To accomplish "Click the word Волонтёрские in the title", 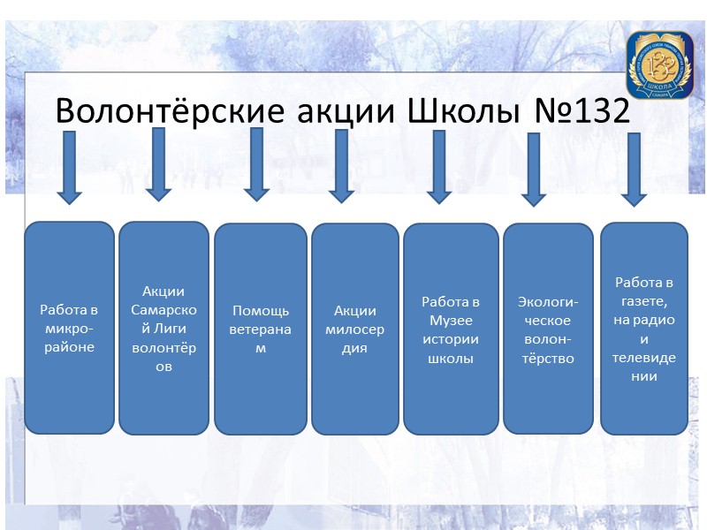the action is pos(167,112).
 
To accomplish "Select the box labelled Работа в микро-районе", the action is pos(69,328).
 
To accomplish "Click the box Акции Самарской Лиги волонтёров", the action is pos(163,328).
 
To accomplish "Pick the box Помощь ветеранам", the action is pos(260,329).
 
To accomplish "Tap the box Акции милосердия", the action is pos(355,329).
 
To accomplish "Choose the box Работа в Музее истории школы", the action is pos(451,329).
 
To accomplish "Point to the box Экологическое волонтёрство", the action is pos(548,328).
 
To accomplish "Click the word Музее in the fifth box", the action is pos(451,320).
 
